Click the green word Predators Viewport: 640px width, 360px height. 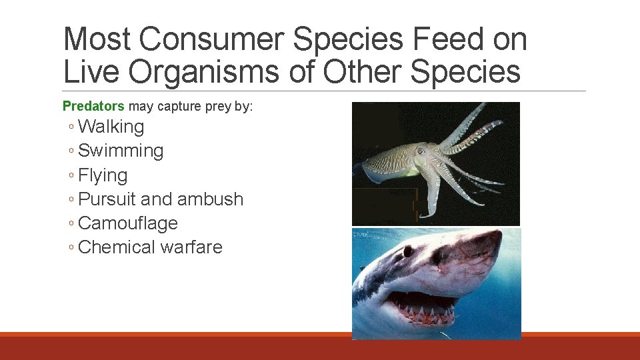(x=93, y=106)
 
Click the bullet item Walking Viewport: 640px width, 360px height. (x=111, y=127)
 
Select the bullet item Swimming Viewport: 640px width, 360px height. (x=121, y=151)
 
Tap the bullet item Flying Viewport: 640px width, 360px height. (x=103, y=175)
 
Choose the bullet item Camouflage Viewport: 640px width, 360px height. (x=128, y=223)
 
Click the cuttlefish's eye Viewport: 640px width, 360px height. (x=420, y=152)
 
